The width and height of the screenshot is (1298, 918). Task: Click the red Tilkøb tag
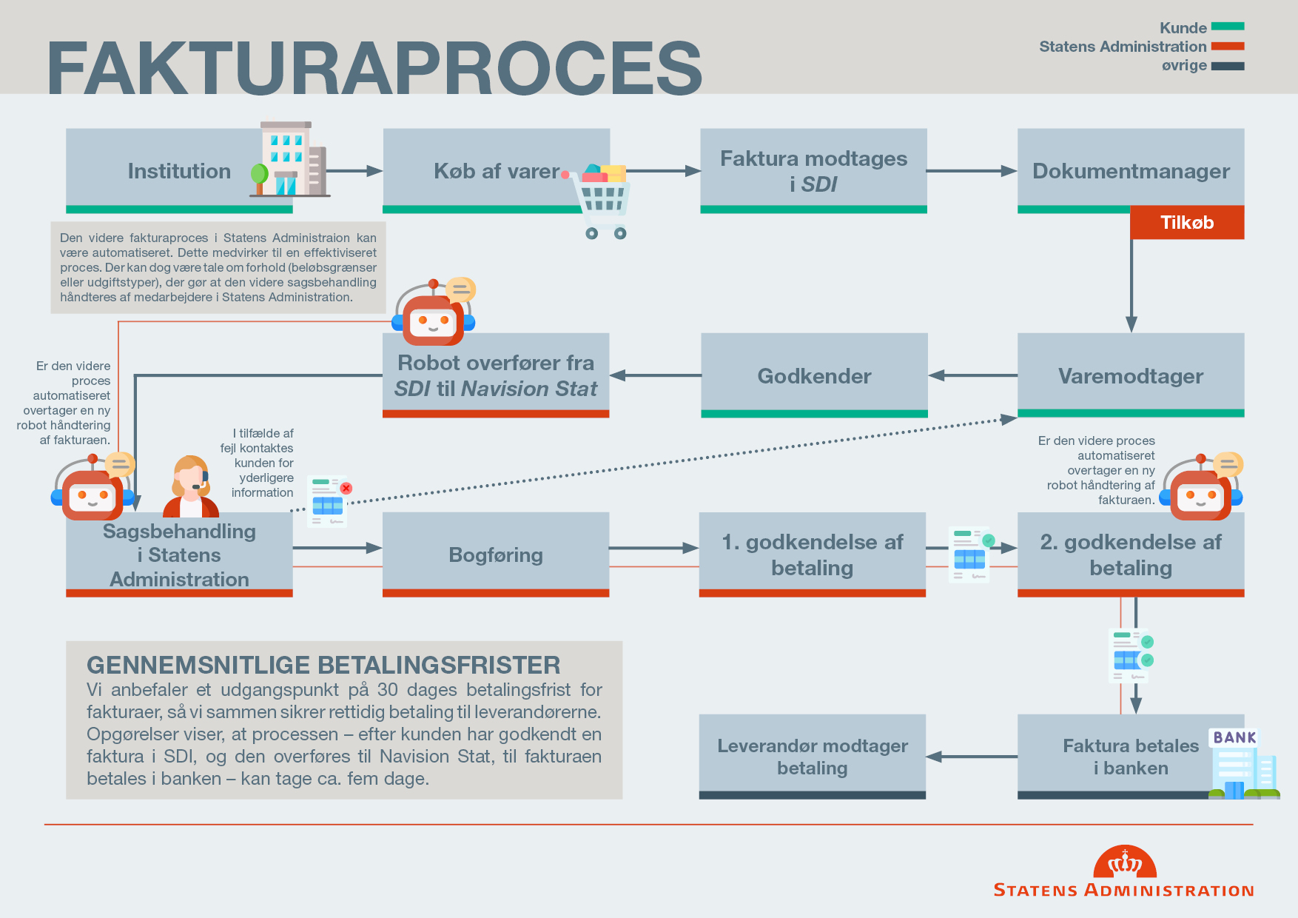point(1186,222)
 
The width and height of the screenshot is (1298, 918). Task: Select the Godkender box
point(813,375)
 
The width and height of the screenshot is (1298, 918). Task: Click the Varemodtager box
point(1130,375)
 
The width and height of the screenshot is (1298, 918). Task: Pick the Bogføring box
point(495,554)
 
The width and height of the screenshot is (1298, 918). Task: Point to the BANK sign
point(1234,737)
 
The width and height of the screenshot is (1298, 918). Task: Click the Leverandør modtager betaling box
point(812,756)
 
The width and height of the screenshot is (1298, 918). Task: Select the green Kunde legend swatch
point(1227,27)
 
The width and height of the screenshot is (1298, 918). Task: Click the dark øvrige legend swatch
point(1227,66)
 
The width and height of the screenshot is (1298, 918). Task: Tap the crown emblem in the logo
point(1125,862)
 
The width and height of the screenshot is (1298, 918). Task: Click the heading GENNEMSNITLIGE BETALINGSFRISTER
point(323,665)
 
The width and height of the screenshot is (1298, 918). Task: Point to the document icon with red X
point(329,501)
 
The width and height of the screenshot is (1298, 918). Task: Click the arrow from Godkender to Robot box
point(655,375)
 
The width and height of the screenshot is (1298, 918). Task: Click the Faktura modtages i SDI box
point(813,170)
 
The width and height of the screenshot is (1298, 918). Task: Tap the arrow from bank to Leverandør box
point(971,757)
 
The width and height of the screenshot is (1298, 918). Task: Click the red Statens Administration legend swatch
point(1227,46)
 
